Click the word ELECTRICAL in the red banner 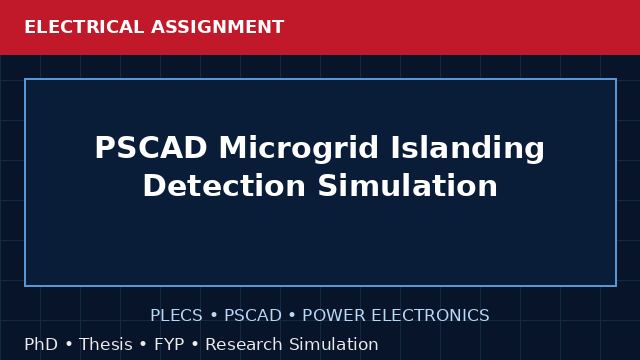pos(84,27)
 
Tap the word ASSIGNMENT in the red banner pos(218,27)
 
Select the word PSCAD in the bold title pos(151,147)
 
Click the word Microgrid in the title pos(299,149)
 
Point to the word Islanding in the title pos(468,149)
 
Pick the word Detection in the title pos(224,186)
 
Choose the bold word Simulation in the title pos(407,186)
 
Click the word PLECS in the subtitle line pos(176,315)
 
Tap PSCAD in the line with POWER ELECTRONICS pos(253,315)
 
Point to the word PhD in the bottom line pos(41,344)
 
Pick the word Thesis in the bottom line pos(106,344)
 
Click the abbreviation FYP pos(169,344)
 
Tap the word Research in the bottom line pos(244,344)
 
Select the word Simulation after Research pos(334,344)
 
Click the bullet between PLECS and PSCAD pos(213,316)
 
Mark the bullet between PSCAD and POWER pos(292,316)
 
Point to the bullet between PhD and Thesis pos(69,344)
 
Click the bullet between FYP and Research pos(195,344)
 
